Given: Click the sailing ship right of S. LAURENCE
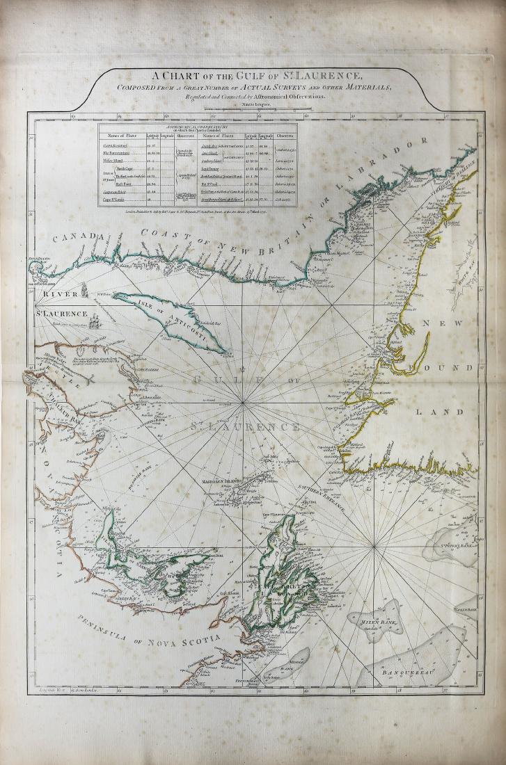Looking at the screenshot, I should [x=96, y=321].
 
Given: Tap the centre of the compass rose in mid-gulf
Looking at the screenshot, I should [x=243, y=403].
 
